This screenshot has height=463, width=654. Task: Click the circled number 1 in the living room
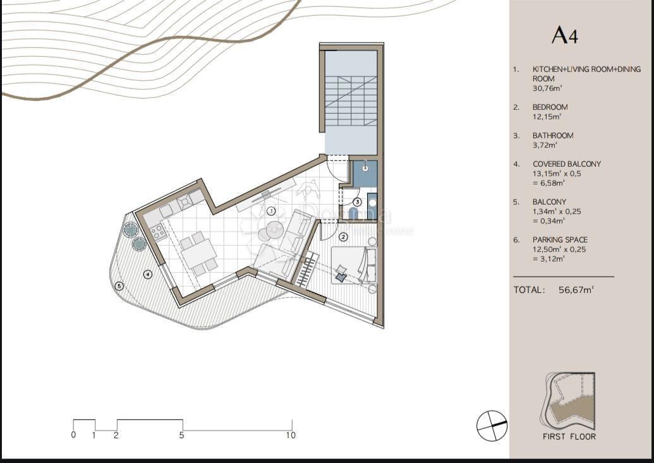(x=270, y=210)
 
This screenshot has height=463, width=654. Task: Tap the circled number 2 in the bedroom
(x=343, y=237)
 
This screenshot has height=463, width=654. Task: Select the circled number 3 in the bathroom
(x=357, y=202)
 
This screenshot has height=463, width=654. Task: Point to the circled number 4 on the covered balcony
(x=147, y=274)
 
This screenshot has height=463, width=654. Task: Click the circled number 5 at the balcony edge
(x=119, y=286)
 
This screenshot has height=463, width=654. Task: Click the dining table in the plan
(x=198, y=253)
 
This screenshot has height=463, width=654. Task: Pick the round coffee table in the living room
(x=274, y=230)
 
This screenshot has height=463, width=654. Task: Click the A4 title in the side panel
(x=564, y=35)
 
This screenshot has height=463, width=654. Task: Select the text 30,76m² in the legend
(x=547, y=88)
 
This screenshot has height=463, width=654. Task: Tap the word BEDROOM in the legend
(x=550, y=107)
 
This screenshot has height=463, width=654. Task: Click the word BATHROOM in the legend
(x=553, y=136)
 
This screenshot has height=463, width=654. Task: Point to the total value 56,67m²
(x=576, y=290)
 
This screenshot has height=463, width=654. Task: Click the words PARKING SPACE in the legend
(x=560, y=240)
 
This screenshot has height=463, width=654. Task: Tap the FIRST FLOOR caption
(x=569, y=436)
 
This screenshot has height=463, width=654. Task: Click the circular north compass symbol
(x=492, y=425)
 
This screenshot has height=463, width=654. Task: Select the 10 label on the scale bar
(x=291, y=435)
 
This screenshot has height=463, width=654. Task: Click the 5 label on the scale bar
(x=182, y=435)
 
